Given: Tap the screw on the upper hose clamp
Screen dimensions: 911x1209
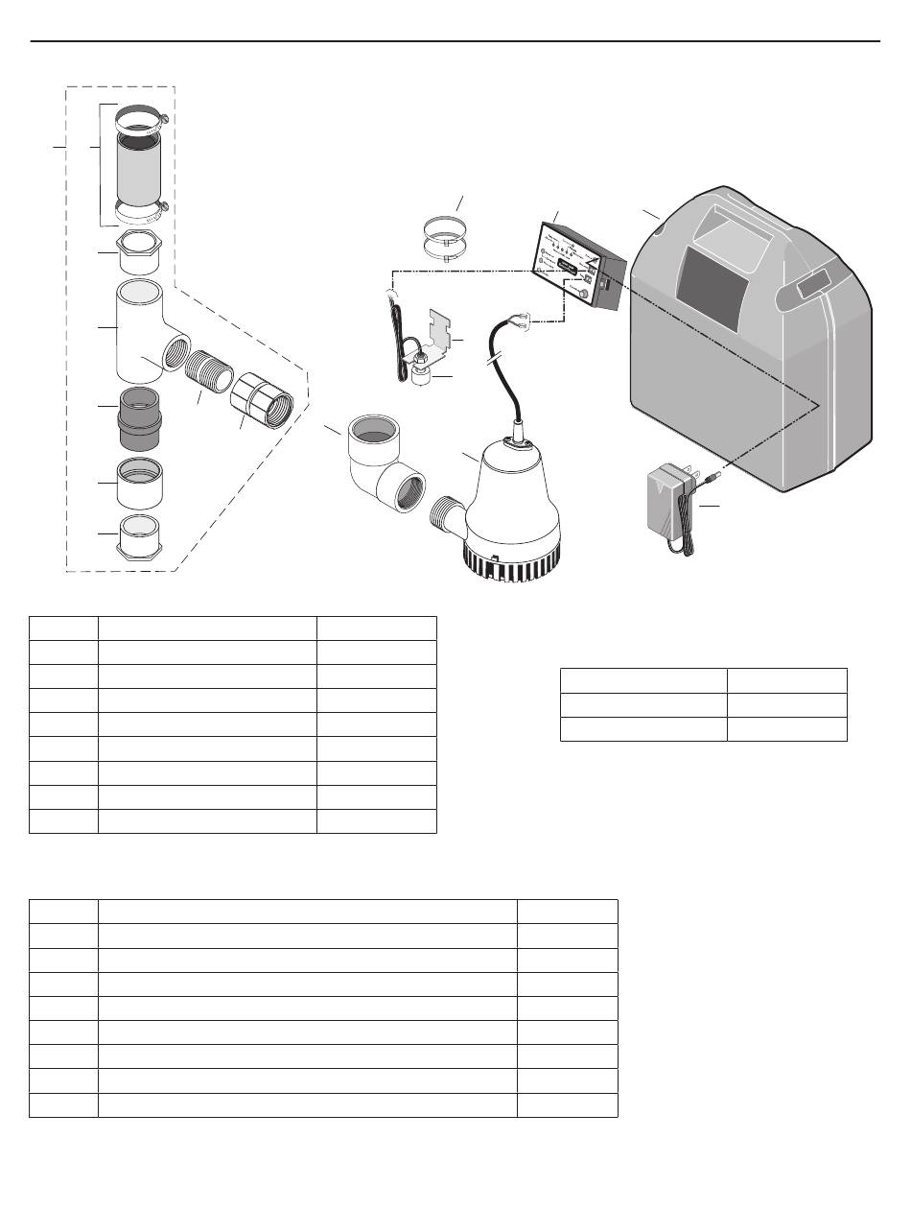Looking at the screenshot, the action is [166, 119].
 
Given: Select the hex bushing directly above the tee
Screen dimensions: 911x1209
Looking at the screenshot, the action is [141, 251].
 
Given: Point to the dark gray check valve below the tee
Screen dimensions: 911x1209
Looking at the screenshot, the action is [141, 420].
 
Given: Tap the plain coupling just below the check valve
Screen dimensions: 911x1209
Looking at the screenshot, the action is [141, 483].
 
